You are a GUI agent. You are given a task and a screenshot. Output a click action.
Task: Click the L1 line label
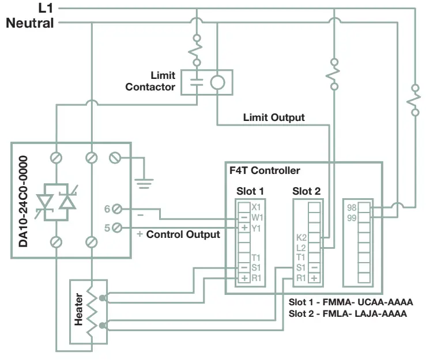(x=44, y=9)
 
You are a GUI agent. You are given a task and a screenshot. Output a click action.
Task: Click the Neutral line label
(x=30, y=23)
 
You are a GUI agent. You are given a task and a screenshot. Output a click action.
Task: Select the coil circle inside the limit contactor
(x=217, y=82)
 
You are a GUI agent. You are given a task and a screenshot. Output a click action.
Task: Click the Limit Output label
(x=274, y=118)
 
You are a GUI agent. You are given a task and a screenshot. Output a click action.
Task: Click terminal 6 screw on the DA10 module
(x=117, y=209)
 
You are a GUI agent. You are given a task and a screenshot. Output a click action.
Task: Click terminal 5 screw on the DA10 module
(x=117, y=228)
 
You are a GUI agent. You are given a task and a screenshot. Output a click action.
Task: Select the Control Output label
(x=183, y=234)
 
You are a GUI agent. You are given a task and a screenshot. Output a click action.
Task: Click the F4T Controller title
(x=265, y=170)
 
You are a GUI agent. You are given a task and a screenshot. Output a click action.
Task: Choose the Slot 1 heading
(x=250, y=191)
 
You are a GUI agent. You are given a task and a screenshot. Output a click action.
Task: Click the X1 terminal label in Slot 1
(x=257, y=207)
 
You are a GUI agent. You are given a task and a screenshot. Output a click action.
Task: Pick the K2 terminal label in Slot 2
(x=300, y=237)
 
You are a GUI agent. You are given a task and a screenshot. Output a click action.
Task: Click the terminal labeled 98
(x=352, y=207)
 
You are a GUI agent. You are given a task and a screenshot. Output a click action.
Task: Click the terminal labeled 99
(x=352, y=217)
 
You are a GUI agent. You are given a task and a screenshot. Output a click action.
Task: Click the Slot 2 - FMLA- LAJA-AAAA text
(x=348, y=314)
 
